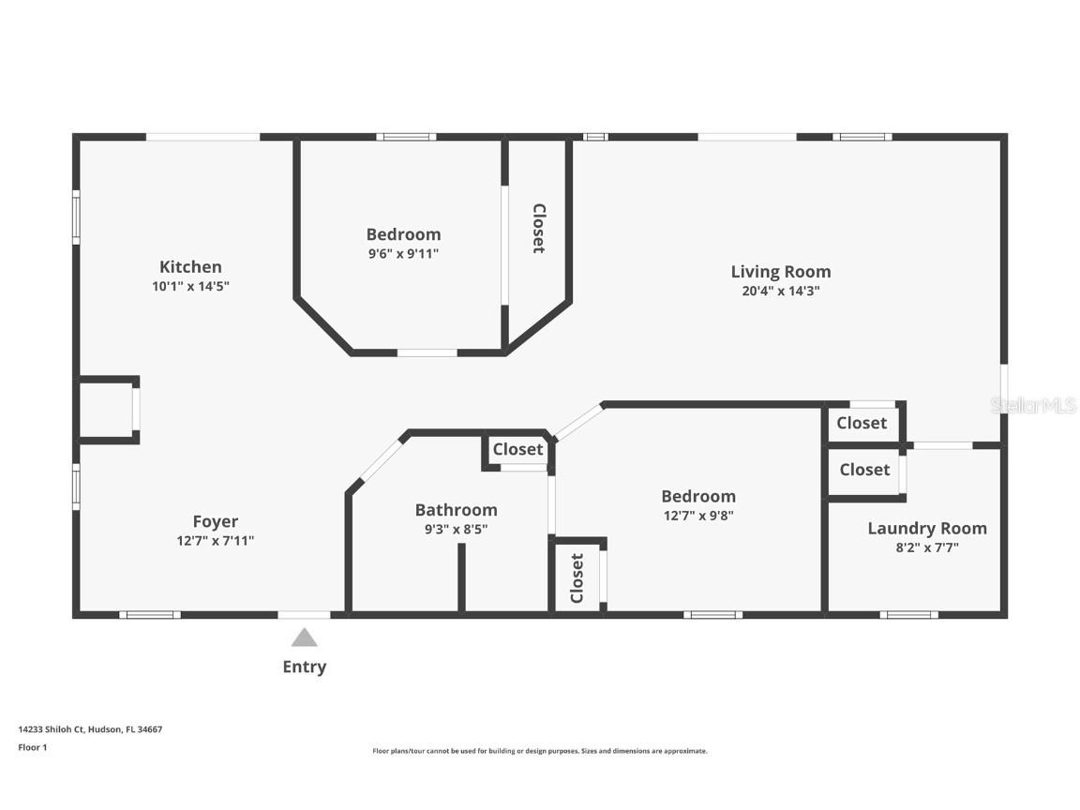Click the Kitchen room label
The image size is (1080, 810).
(190, 267)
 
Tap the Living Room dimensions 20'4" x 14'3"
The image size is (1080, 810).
(780, 292)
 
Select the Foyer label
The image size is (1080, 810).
(216, 521)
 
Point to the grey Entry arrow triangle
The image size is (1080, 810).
(304, 638)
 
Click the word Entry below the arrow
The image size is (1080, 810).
(305, 667)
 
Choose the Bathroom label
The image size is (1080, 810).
(456, 510)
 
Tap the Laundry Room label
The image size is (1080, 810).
(926, 528)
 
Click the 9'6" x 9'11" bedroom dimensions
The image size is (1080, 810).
(403, 254)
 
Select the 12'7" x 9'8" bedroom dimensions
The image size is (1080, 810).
(698, 515)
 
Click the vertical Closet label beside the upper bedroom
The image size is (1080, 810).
(538, 228)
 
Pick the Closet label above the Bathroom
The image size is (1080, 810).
(517, 449)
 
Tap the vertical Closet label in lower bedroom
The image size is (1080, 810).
(577, 577)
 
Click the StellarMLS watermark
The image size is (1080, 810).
(1033, 405)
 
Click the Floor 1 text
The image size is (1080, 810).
(32, 747)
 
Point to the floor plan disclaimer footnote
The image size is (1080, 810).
(540, 751)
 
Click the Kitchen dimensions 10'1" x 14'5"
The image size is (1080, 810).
(190, 287)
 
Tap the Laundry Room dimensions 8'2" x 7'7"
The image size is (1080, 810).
(926, 547)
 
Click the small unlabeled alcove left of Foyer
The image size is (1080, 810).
(106, 411)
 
